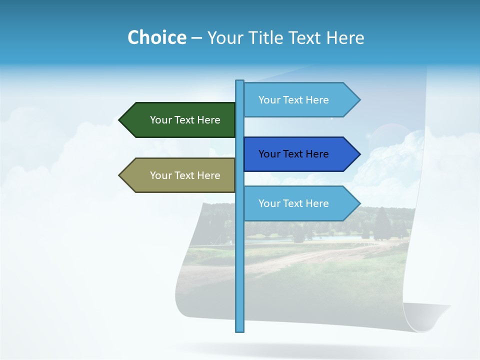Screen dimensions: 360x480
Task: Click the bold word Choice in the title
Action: [x=156, y=37]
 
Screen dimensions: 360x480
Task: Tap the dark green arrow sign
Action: [x=180, y=120]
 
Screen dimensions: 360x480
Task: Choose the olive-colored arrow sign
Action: [x=180, y=175]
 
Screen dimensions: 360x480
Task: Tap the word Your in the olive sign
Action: [x=160, y=175]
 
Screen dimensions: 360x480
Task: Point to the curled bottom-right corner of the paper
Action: [x=440, y=312]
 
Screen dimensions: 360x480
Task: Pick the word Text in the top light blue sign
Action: [x=293, y=100]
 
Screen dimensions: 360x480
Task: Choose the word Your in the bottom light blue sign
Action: [x=269, y=203]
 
